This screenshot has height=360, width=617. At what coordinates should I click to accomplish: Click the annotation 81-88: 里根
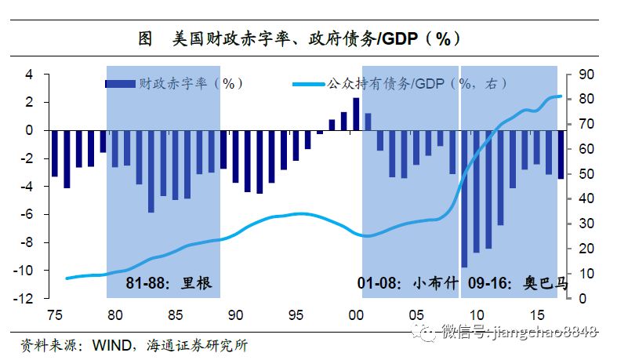169,283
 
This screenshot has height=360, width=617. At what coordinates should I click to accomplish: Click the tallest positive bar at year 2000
356,115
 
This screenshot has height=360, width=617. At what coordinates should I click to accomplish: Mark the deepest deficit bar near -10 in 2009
464,199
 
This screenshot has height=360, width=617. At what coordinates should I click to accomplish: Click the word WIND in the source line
111,344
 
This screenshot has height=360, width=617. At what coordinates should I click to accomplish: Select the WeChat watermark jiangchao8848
510,334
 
